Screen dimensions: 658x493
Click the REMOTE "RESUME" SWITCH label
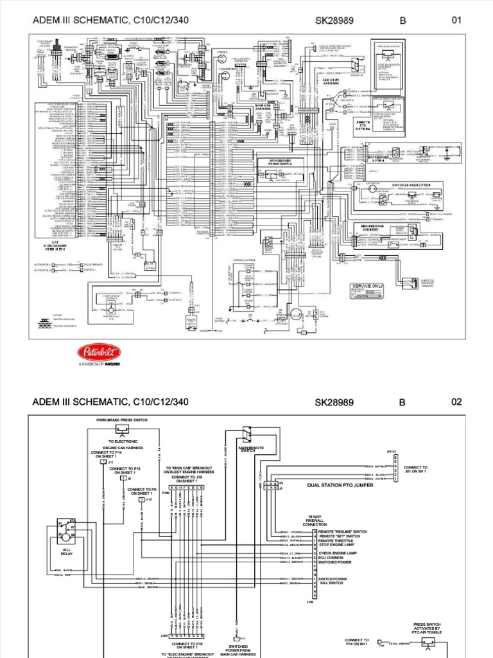point(343,532)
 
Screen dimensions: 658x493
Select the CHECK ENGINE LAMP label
point(338,552)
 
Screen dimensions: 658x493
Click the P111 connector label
point(392,451)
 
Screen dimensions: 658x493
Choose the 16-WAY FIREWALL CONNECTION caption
point(315,521)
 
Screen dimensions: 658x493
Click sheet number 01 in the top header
point(457,20)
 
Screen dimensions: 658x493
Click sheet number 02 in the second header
point(457,402)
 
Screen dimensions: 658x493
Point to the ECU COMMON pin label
point(331,557)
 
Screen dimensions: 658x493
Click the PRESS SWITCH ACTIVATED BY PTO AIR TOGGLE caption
point(427,631)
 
